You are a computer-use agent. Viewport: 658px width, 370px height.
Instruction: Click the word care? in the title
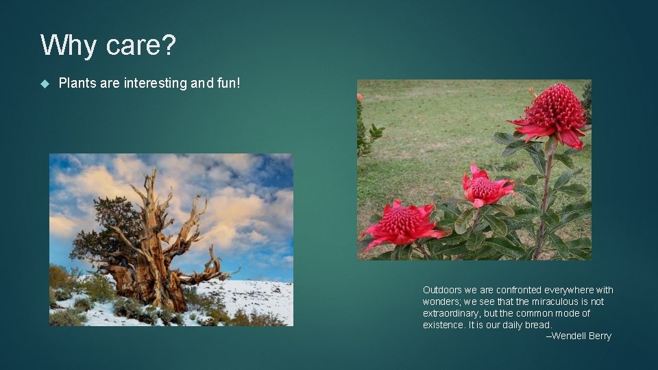(141, 46)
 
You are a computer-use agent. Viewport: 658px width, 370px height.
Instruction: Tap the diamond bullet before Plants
(45, 84)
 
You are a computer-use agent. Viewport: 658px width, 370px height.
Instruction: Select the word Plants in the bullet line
(77, 84)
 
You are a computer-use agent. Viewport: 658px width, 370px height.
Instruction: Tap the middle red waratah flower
(486, 186)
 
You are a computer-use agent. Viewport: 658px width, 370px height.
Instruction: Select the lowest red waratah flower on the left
(402, 223)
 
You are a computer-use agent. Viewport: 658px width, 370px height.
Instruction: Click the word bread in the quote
(537, 325)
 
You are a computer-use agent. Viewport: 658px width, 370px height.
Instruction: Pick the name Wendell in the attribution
(568, 336)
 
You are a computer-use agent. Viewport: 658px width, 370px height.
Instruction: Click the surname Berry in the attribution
(600, 336)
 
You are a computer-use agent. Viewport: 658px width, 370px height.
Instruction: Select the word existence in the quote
(443, 325)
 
